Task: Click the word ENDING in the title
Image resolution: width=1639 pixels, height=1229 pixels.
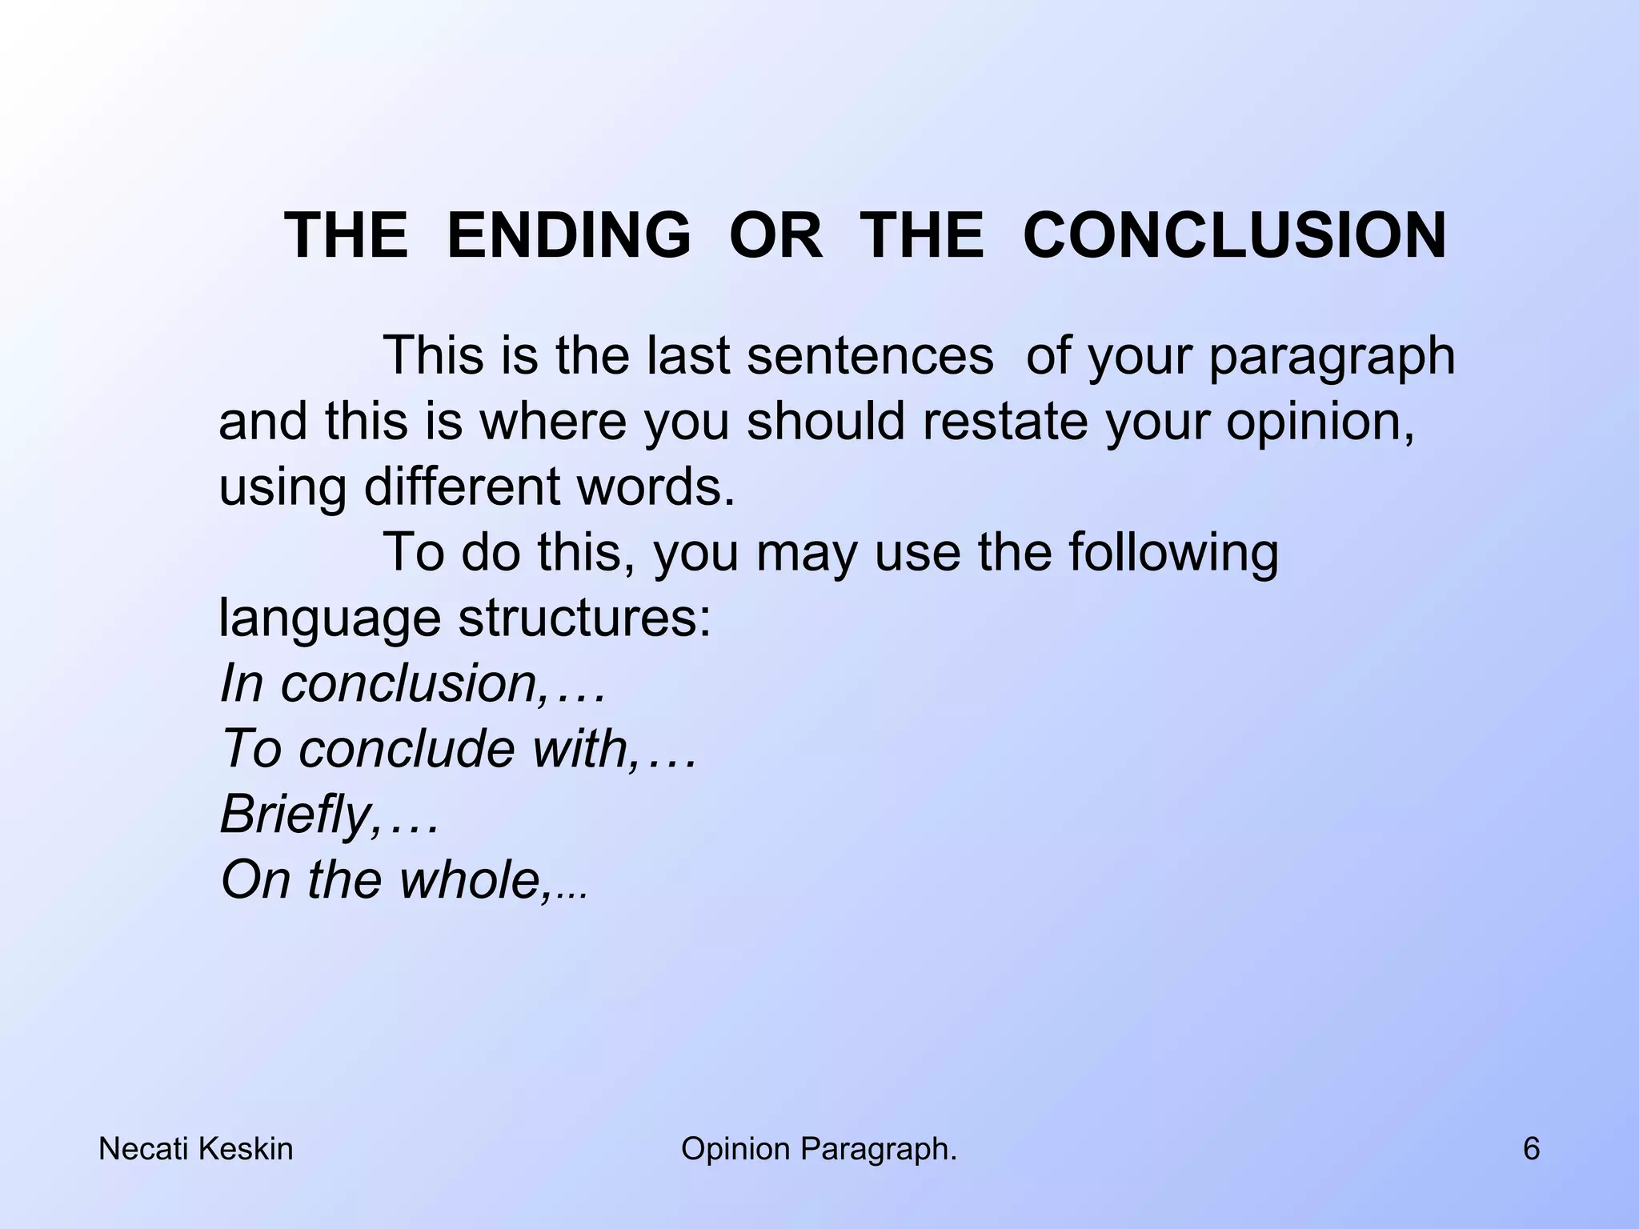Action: click(x=568, y=236)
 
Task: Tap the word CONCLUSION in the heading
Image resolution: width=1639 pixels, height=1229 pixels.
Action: click(x=1235, y=236)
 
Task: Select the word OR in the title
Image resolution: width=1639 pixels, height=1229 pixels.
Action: click(x=775, y=236)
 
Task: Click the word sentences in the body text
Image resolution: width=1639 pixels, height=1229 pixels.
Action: click(x=870, y=356)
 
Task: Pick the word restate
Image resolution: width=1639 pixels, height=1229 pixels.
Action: click(x=1005, y=422)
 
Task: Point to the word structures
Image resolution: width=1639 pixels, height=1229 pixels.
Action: click(x=583, y=619)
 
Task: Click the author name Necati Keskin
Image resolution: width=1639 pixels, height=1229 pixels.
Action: click(x=195, y=1150)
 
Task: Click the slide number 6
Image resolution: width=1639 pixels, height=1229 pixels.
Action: click(x=1531, y=1150)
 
